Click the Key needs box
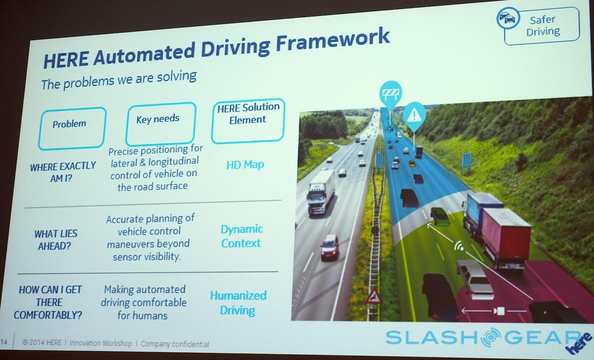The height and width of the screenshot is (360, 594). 157,122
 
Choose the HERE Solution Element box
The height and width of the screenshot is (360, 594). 248,119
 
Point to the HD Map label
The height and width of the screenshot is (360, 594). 245,164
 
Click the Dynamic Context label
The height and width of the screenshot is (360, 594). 241,236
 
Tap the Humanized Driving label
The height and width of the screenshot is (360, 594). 238,302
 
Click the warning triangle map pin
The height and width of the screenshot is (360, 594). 414,116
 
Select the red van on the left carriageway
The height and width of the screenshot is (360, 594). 329,246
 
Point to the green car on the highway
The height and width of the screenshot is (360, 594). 440,216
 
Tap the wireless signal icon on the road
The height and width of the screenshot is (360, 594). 459,246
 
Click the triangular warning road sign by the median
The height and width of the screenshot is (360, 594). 374,296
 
